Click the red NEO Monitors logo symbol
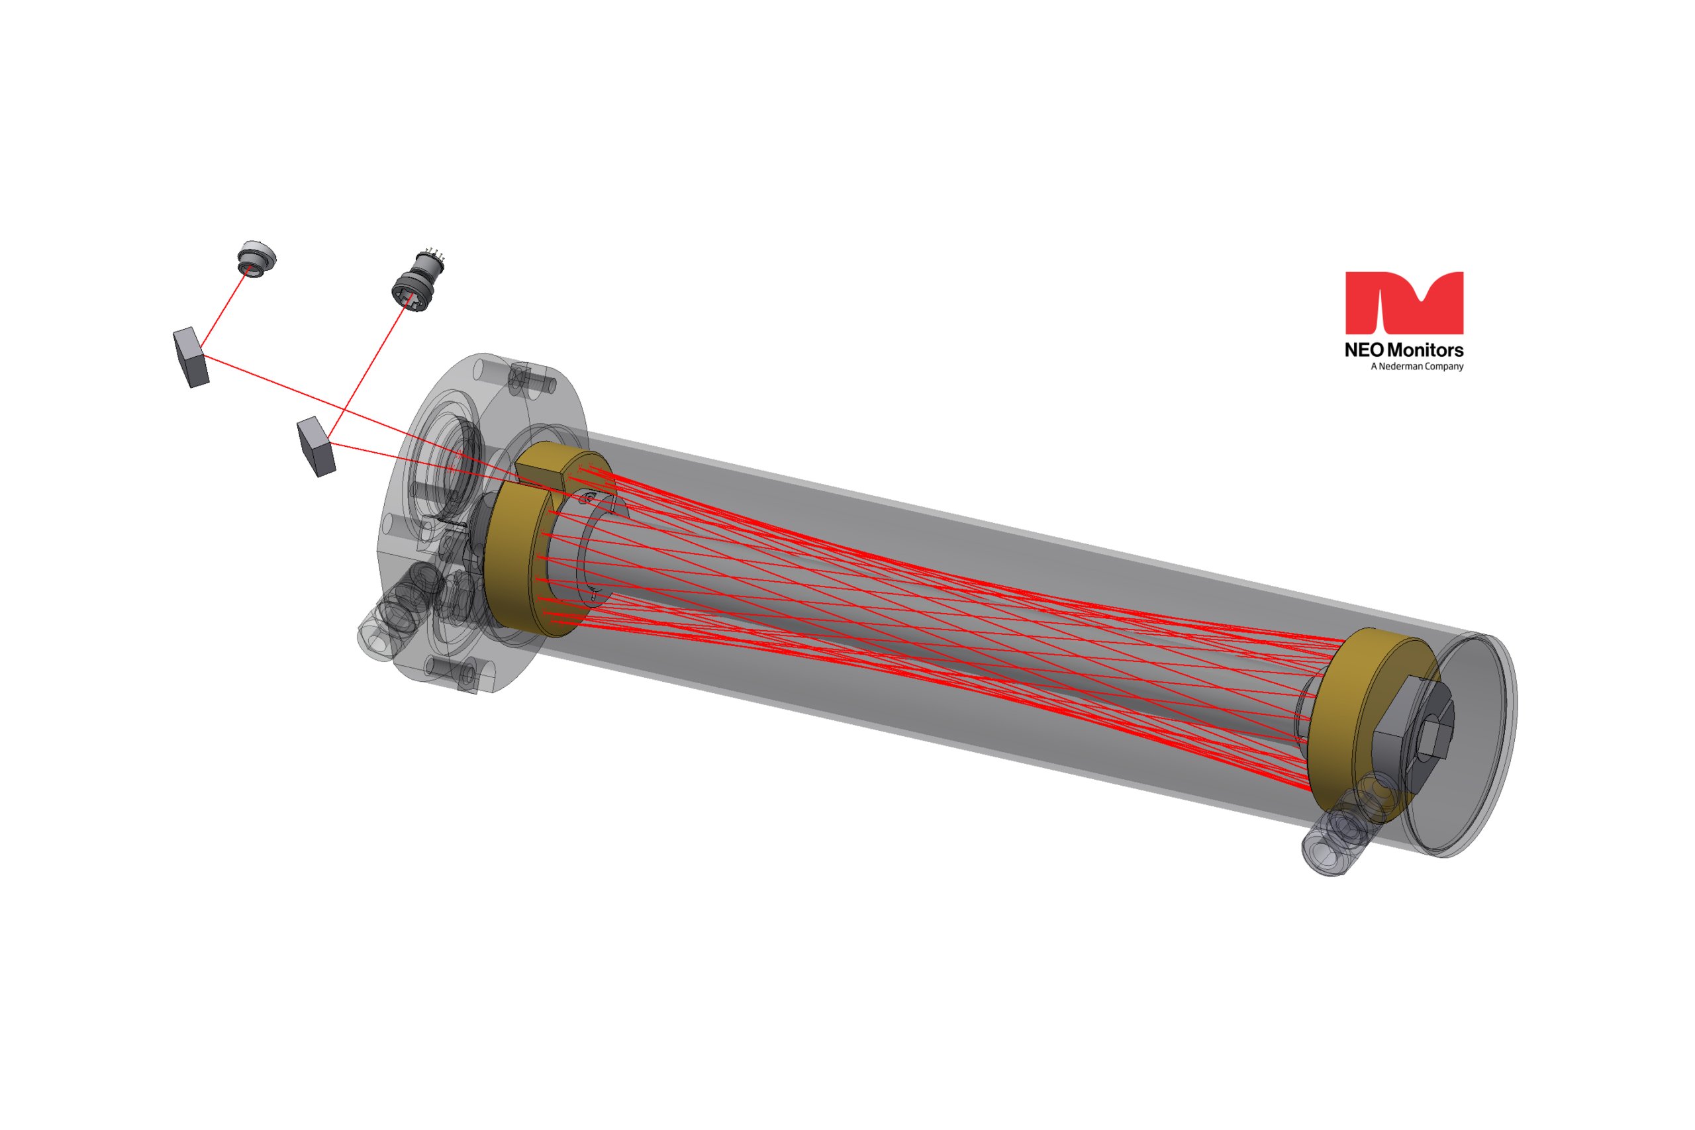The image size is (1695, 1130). tap(1404, 303)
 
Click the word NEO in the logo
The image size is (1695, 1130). tap(1364, 350)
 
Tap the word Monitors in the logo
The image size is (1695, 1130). tap(1425, 350)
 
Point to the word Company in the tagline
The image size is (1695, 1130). tap(1443, 367)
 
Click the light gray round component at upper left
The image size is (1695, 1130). tap(256, 259)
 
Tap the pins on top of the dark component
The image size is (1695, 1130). tap(434, 254)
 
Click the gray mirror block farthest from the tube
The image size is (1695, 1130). tap(191, 357)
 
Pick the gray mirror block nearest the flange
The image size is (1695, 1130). tap(316, 447)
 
